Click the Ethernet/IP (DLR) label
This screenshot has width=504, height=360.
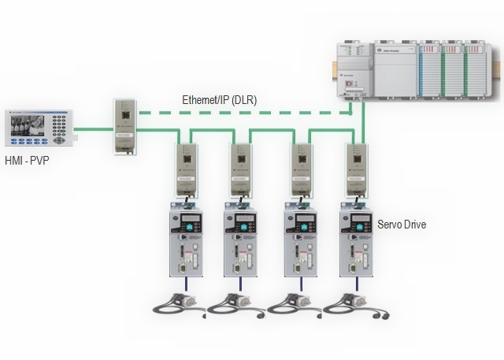pyautogui.click(x=219, y=100)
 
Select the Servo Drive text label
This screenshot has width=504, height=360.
pyautogui.click(x=402, y=225)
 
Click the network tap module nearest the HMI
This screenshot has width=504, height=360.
pyautogui.click(x=124, y=125)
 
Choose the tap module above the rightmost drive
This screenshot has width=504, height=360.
pyautogui.click(x=358, y=167)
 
